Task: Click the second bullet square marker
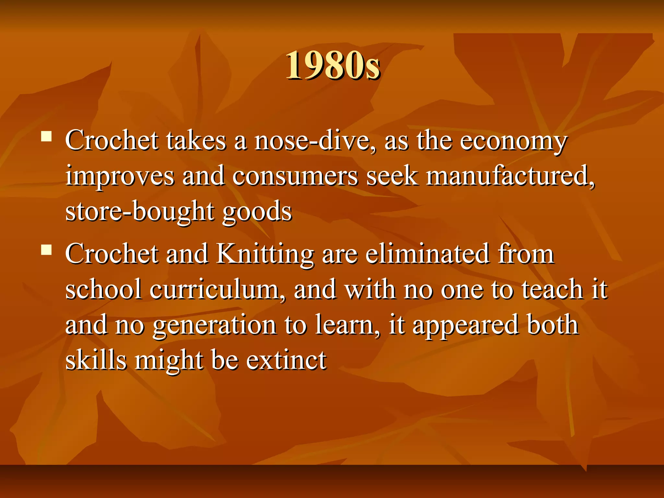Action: click(x=46, y=250)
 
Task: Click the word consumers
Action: click(x=295, y=177)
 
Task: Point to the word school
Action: click(x=103, y=289)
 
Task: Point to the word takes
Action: click(x=196, y=141)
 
